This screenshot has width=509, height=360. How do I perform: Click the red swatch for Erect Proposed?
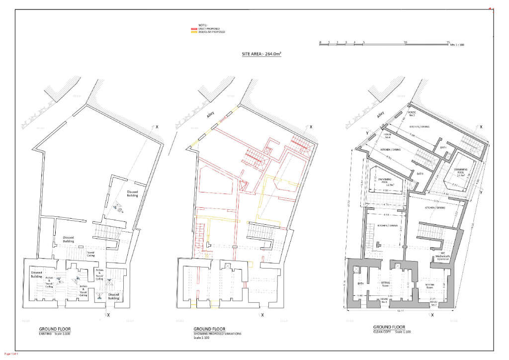tap(194, 29)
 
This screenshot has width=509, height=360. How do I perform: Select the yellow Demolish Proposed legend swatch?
tap(194, 32)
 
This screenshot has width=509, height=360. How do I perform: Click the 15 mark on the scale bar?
tap(448, 42)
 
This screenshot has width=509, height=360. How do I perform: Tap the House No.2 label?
tap(412, 114)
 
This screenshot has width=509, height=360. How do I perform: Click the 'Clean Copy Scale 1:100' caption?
tap(392, 332)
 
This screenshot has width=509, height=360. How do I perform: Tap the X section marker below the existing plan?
tap(108, 315)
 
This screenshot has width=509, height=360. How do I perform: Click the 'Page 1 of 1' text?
tap(11, 354)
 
